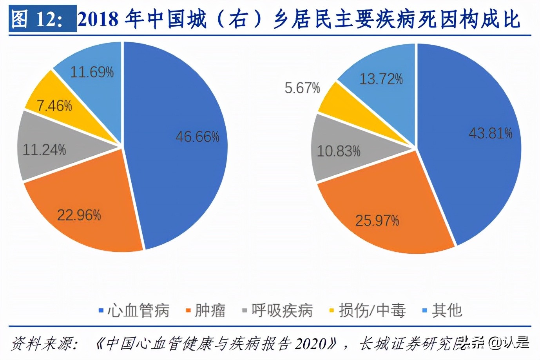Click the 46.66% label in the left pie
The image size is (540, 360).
tap(197, 137)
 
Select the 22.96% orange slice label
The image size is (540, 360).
tap(79, 215)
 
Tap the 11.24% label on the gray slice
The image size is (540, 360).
tap(44, 150)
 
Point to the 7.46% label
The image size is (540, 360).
tap(54, 105)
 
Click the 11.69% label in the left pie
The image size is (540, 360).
tap(92, 72)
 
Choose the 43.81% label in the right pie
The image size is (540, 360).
tap(490, 133)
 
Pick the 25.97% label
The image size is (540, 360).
tap(377, 220)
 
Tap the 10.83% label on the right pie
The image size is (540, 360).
tap(338, 151)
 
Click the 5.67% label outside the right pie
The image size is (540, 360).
tap(302, 88)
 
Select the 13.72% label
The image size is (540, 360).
tap(381, 79)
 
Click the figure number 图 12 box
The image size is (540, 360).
tap(42, 19)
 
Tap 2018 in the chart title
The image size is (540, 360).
tap(98, 19)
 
